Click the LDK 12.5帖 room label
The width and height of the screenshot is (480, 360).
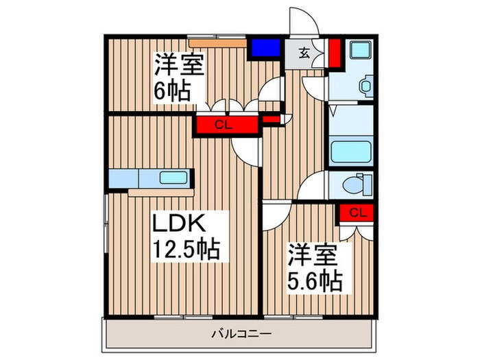(x=185, y=237)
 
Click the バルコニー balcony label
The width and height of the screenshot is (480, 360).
(x=241, y=334)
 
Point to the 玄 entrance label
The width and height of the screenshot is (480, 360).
(x=304, y=51)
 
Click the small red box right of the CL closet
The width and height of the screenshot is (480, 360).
(x=272, y=122)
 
